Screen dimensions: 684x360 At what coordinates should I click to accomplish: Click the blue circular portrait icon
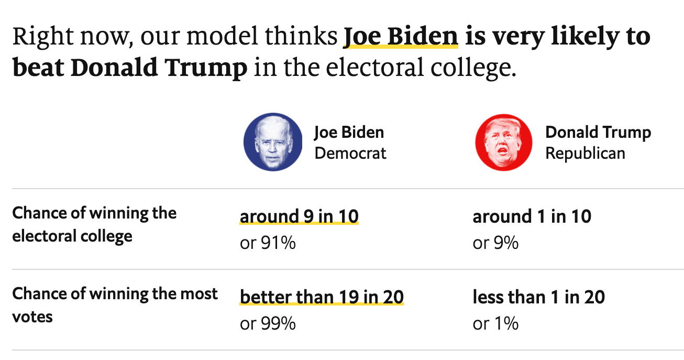(x=273, y=142)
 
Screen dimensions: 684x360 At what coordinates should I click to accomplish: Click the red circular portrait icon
(x=504, y=143)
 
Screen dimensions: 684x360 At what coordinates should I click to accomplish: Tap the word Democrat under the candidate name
(x=350, y=153)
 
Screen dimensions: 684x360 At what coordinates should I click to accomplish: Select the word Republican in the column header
(x=585, y=153)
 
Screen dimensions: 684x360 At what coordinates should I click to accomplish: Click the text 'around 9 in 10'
(x=299, y=216)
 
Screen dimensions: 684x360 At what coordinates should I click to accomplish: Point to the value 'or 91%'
(x=268, y=243)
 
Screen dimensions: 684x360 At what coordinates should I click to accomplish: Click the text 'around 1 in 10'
(x=532, y=216)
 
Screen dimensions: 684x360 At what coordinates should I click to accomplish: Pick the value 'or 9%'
(x=495, y=243)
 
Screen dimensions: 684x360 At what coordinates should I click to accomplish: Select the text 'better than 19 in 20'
(x=322, y=297)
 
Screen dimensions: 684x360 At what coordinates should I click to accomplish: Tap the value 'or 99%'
(x=268, y=323)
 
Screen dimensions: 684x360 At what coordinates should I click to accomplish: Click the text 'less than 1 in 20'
(x=538, y=297)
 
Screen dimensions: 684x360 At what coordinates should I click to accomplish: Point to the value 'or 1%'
(x=495, y=323)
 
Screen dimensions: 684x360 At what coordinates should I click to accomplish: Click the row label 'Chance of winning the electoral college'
(x=94, y=225)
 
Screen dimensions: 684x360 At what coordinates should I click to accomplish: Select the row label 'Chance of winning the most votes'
(x=115, y=305)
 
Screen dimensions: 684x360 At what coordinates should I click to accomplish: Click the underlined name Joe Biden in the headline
(x=401, y=37)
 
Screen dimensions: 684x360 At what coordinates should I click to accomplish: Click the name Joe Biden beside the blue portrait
(x=349, y=133)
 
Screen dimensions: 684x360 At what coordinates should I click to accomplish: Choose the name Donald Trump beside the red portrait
(x=598, y=133)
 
